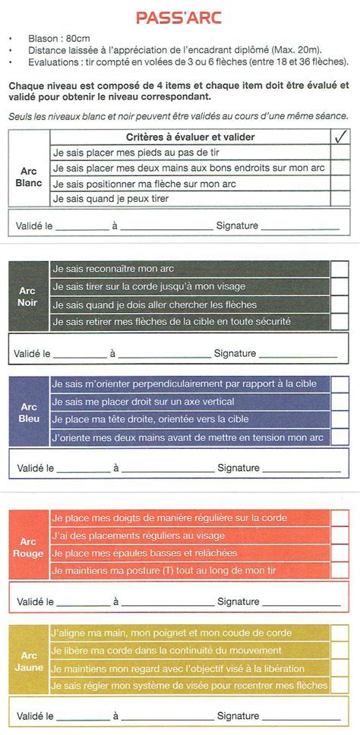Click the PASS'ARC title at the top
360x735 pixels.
[179, 18]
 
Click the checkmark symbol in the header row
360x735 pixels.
[340, 137]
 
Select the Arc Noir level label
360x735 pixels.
[27, 296]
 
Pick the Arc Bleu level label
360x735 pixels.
[27, 412]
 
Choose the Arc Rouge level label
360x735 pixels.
[27, 547]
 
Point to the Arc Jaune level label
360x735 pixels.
[28, 661]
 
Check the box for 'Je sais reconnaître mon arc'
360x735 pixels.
[339, 270]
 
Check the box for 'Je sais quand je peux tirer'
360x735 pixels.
[340, 199]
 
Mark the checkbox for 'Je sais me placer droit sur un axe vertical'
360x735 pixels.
[339, 402]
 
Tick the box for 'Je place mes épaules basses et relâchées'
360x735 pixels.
[339, 553]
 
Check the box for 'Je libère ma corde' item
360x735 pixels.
[339, 651]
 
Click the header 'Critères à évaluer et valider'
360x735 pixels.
[190, 137]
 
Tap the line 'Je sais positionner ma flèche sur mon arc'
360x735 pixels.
[144, 184]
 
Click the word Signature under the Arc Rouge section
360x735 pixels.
[238, 601]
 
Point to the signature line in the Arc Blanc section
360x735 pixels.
[299, 226]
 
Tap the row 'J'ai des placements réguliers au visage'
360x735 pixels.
[137, 535]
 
